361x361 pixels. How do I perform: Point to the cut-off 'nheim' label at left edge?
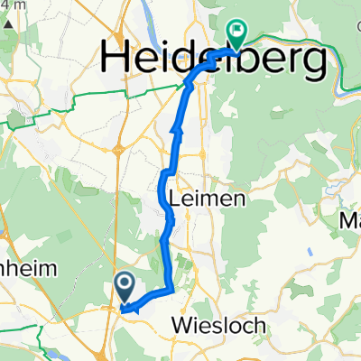[27, 268]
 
